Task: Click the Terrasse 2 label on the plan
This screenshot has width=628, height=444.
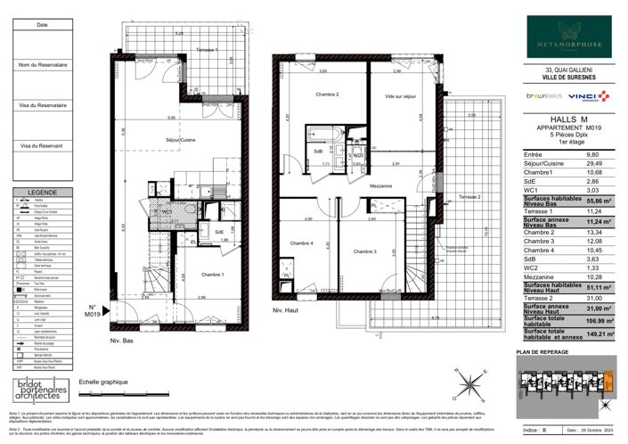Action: tap(469, 195)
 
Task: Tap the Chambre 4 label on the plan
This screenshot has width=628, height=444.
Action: tap(301, 243)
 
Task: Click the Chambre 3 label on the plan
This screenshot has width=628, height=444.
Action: tap(363, 252)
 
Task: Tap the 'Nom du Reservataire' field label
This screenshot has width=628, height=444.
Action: tap(42, 65)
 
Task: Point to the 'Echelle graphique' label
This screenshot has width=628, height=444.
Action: tap(100, 382)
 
